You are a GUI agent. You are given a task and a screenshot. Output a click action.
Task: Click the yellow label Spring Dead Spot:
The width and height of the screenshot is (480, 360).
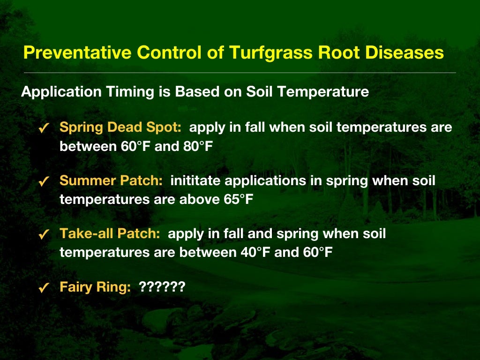pos(120,127)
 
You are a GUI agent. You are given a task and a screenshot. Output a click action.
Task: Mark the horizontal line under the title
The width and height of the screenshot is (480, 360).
pos(240,73)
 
